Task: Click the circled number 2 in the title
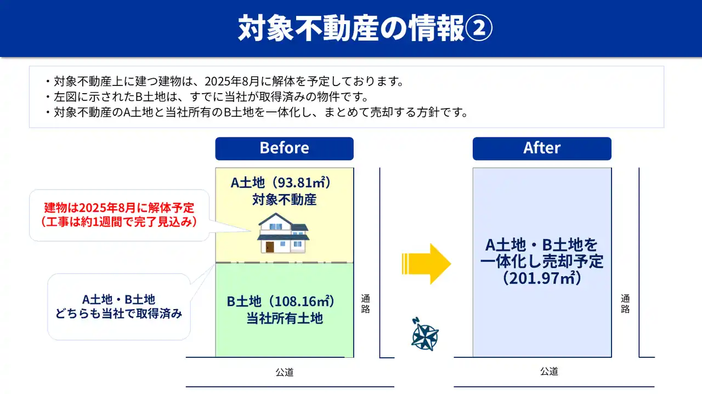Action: pos(479,28)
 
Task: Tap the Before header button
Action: pos(284,149)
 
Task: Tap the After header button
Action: pos(542,149)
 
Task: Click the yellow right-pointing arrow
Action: pos(426,264)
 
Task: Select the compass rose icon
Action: pos(424,334)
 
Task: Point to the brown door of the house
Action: pos(270,247)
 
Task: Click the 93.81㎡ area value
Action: pos(300,182)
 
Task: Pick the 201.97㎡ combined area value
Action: pos(542,278)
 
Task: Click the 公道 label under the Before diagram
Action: pos(285,372)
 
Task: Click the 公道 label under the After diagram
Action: pos(549,372)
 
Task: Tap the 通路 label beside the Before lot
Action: pos(365,304)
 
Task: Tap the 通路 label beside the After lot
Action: pos(625,304)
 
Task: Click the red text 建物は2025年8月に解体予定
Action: pos(119,208)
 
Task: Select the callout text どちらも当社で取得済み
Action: pos(119,313)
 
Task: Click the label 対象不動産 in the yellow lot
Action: pos(284,200)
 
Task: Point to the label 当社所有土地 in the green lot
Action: pos(285,318)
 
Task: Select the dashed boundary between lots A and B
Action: pos(284,262)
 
